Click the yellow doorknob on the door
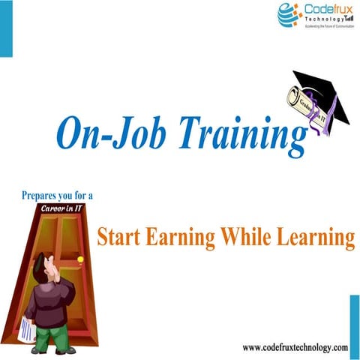pos(80,260)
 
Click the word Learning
pos(316,238)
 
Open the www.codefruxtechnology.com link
pos(295,347)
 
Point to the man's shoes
pos(56,350)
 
